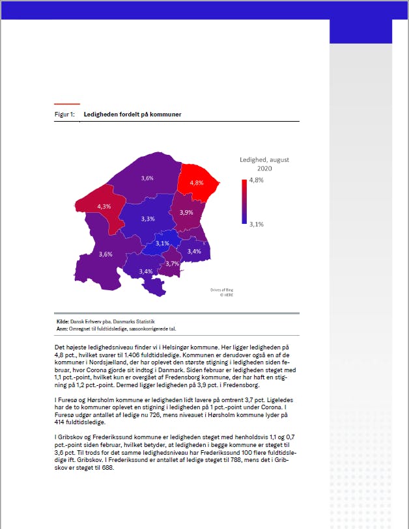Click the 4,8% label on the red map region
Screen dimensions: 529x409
pyautogui.click(x=196, y=183)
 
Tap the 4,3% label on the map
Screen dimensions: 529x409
pyautogui.click(x=104, y=206)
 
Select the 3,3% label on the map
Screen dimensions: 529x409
pyautogui.click(x=148, y=219)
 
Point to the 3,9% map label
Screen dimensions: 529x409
pyautogui.click(x=186, y=213)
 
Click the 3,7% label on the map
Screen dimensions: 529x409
pyautogui.click(x=172, y=264)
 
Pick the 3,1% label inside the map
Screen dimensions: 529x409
pyautogui.click(x=162, y=243)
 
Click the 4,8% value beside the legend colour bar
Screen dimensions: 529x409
pyautogui.click(x=255, y=180)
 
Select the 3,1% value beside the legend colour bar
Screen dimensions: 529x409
pyautogui.click(x=255, y=224)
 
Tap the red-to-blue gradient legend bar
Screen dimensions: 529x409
pyautogui.click(x=243, y=202)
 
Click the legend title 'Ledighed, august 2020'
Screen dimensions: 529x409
pyautogui.click(x=264, y=164)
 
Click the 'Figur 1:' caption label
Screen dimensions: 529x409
pyautogui.click(x=64, y=115)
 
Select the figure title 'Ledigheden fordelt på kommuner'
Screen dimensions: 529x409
pyautogui.click(x=132, y=115)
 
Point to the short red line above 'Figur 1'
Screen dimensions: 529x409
pyautogui.click(x=67, y=104)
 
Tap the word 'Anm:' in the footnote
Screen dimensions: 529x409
pyautogui.click(x=63, y=329)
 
